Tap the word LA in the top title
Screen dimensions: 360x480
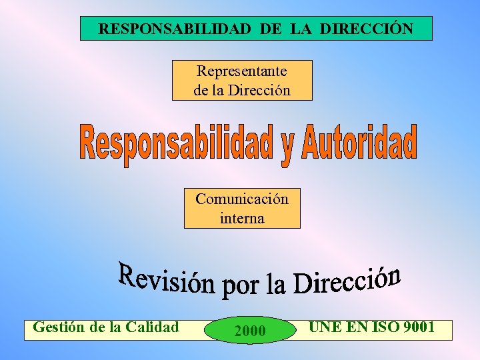coord(301,29)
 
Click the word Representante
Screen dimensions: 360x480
coord(242,70)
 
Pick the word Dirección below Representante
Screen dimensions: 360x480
coord(259,89)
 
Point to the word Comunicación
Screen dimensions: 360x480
coord(242,199)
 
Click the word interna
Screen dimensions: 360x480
coord(242,218)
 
